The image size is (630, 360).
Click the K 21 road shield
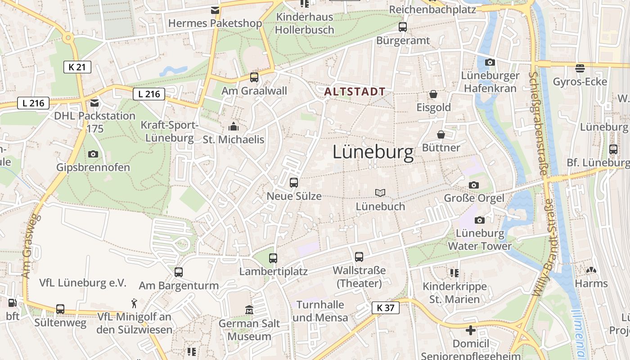coord(77,67)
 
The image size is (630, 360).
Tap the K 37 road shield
coord(386,308)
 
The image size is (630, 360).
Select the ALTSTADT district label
coord(355,92)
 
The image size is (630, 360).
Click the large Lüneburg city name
coord(373,153)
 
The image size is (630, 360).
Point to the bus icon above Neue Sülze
coord(294,182)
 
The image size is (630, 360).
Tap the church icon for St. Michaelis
coord(234,126)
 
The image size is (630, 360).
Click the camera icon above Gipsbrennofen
coord(93,154)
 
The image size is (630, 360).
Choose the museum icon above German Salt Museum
coord(249,310)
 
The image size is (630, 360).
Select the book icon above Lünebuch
coord(380,193)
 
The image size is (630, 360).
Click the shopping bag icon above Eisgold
coord(433,94)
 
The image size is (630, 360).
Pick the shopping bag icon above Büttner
coord(441,135)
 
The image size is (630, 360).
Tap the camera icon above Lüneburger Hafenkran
coord(490,62)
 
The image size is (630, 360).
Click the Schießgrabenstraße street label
coord(538,123)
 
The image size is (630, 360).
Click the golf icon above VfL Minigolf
coord(134,303)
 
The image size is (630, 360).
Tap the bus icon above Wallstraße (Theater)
coord(359,257)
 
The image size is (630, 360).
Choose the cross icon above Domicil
coord(471,330)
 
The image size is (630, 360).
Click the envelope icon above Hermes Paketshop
coord(215,10)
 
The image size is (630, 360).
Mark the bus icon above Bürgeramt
coord(403,27)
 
